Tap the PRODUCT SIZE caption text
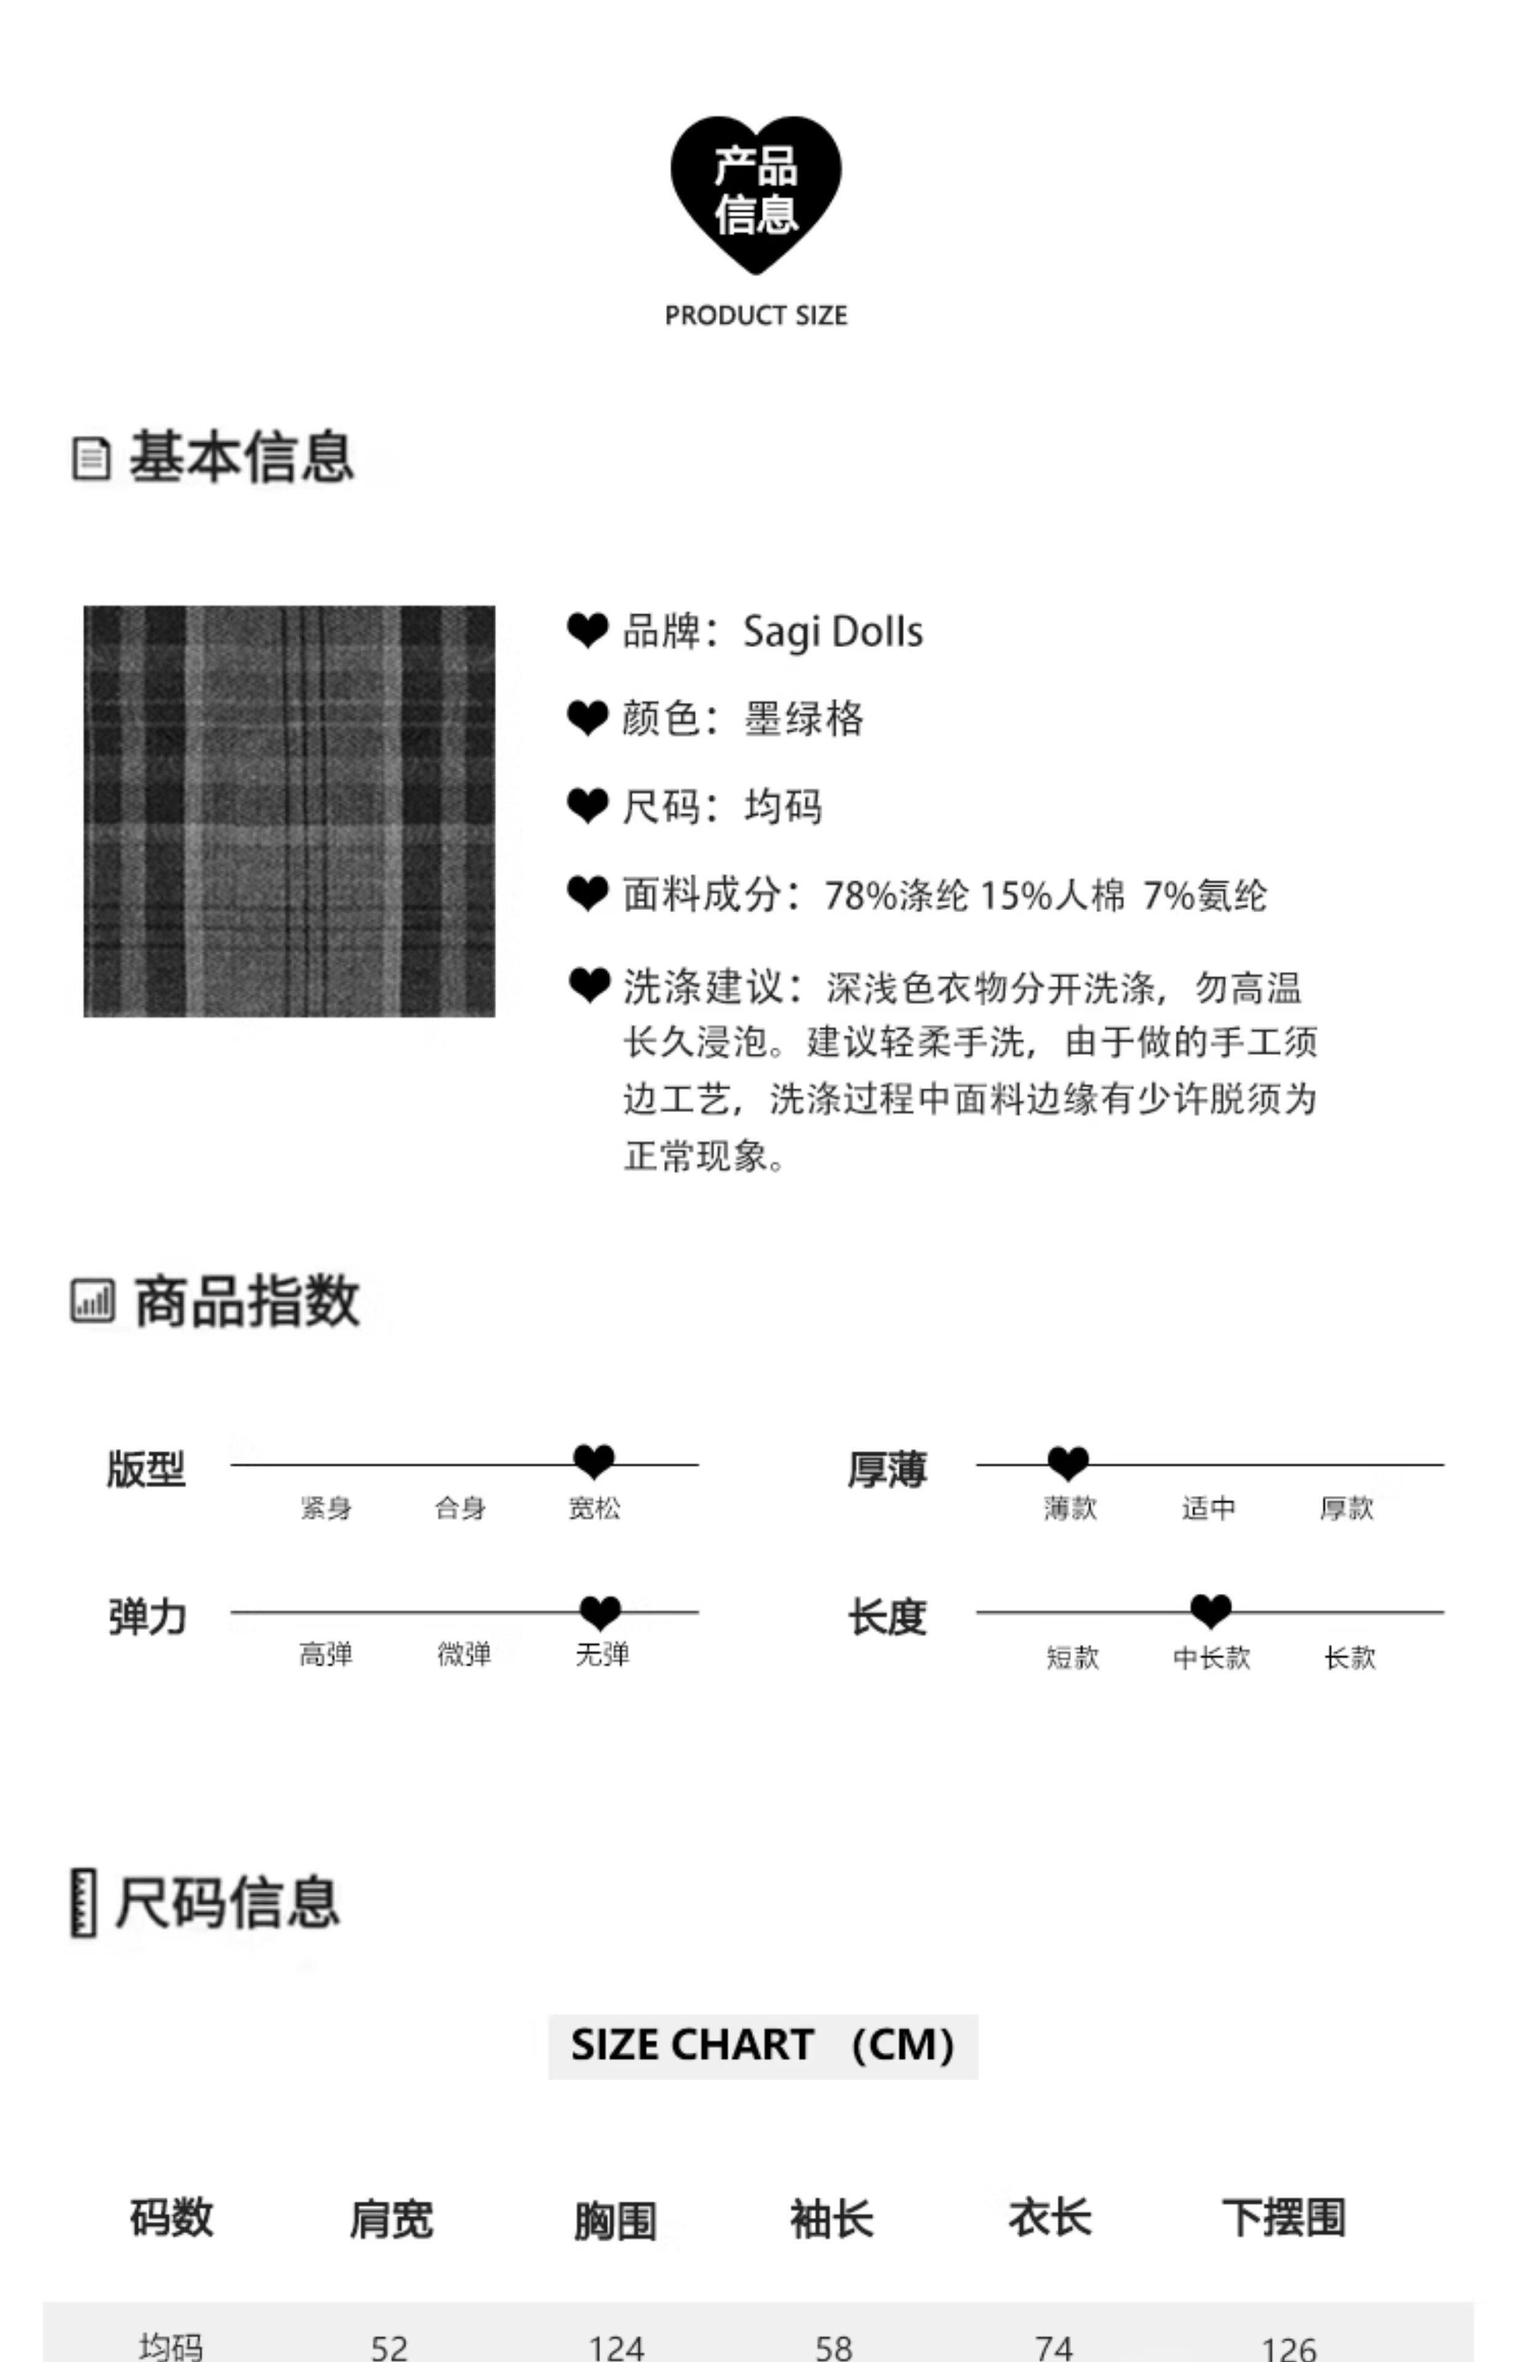(756, 316)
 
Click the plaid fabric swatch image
(289, 811)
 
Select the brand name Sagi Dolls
(833, 632)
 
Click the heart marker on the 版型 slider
(594, 1461)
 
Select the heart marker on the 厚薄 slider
(1067, 1461)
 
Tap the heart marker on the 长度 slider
(1210, 1610)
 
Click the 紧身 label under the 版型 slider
(326, 1508)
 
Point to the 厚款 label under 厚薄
(1347, 1508)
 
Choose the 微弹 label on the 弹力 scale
(464, 1654)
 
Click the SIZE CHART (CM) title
(762, 2046)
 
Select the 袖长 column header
(832, 2219)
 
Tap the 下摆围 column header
(1283, 2219)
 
